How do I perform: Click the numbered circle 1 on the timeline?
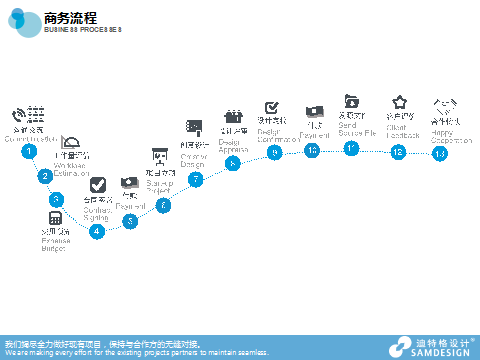tap(30, 151)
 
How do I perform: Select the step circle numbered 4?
tap(97, 231)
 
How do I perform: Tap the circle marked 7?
tap(196, 179)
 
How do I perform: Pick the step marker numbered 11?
tap(351, 148)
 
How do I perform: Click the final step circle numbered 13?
tap(439, 153)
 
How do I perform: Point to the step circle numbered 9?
tap(274, 152)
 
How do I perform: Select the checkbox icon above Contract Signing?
tap(97, 185)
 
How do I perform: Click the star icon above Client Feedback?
tap(400, 102)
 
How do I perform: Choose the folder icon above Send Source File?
tap(351, 100)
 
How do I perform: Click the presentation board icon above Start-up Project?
tap(158, 156)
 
